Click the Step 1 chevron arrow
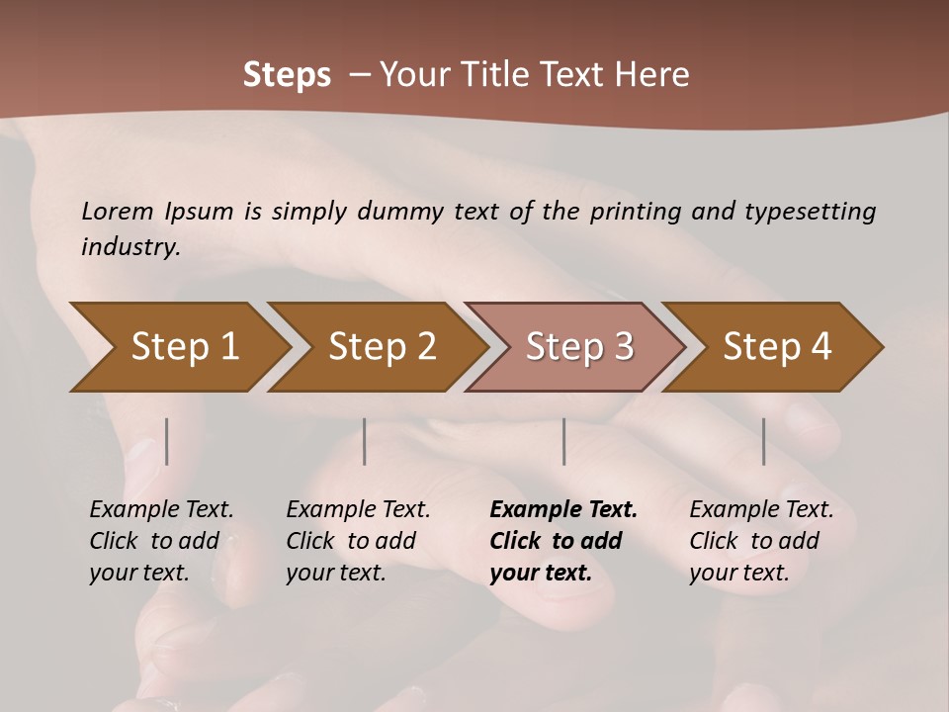[x=185, y=347]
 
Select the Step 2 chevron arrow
[x=383, y=347]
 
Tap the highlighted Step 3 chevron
[x=579, y=347]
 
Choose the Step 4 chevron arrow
[x=777, y=347]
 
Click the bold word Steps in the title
[x=287, y=74]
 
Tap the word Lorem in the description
[x=118, y=211]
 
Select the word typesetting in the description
[x=810, y=211]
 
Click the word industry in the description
[x=129, y=246]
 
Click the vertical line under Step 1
[x=166, y=441]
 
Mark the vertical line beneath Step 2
[x=365, y=441]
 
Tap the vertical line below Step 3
[x=563, y=441]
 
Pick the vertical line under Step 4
[x=763, y=441]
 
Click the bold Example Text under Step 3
[x=563, y=510]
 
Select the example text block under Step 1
[x=161, y=541]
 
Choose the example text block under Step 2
[x=358, y=541]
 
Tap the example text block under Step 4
[x=761, y=541]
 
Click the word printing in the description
[x=636, y=211]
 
